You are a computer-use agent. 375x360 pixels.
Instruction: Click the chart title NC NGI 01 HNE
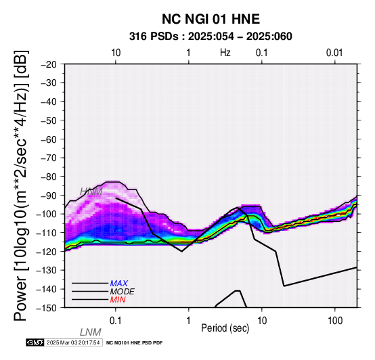click(211, 19)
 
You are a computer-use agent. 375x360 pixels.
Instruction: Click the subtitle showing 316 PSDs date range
click(211, 37)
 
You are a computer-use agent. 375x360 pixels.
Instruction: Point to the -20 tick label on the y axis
click(49, 64)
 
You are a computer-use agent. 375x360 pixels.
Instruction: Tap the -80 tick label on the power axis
click(49, 177)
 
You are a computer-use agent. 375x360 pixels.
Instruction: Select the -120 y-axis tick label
click(47, 252)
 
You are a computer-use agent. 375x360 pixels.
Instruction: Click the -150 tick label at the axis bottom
click(47, 308)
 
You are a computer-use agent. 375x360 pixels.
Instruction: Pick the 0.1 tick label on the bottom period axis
click(116, 321)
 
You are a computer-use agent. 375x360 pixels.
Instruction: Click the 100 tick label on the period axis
click(335, 321)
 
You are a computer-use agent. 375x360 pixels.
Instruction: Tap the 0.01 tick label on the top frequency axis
click(334, 53)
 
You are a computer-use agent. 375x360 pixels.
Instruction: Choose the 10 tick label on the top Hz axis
click(116, 53)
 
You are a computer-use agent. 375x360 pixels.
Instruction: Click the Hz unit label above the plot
click(225, 53)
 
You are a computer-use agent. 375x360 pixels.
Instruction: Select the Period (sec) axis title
click(225, 328)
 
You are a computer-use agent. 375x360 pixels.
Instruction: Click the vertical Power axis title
click(21, 185)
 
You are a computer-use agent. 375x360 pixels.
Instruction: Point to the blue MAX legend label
click(119, 284)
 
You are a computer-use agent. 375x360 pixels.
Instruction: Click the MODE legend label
click(123, 292)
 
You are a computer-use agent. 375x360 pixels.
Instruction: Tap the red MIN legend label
click(118, 300)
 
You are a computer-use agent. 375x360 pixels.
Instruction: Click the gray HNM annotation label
click(91, 192)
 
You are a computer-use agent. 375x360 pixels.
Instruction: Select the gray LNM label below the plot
click(91, 332)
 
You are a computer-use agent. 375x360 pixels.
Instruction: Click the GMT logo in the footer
click(35, 342)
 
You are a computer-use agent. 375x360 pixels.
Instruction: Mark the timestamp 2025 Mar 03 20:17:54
click(73, 342)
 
